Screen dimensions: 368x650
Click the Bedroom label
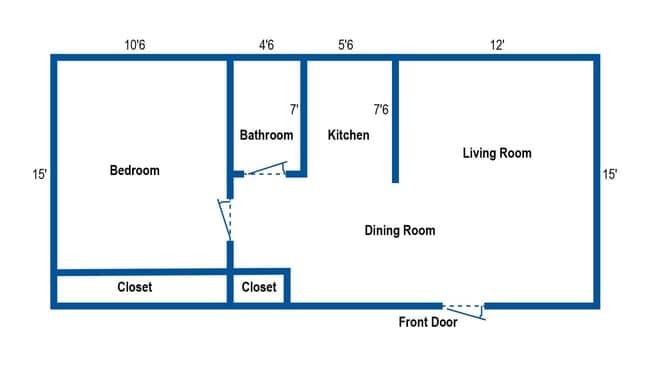pyautogui.click(x=134, y=171)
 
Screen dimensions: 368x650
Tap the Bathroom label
pyautogui.click(x=266, y=135)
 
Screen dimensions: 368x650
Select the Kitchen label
pyautogui.click(x=348, y=135)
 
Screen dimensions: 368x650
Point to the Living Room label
pyautogui.click(x=497, y=153)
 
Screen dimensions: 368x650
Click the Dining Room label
pyautogui.click(x=400, y=231)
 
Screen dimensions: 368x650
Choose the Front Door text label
pyautogui.click(x=428, y=322)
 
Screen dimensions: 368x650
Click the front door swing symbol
pyautogui.click(x=464, y=310)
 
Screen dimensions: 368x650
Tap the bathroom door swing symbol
pyautogui.click(x=265, y=170)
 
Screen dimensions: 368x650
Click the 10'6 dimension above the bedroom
pyautogui.click(x=138, y=45)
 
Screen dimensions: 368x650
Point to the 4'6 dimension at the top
pyautogui.click(x=267, y=45)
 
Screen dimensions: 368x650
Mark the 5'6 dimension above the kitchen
pyautogui.click(x=346, y=45)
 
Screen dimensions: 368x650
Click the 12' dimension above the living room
pyautogui.click(x=497, y=45)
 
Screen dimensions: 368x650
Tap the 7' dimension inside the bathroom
pyautogui.click(x=294, y=109)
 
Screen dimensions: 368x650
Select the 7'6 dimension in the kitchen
pyautogui.click(x=381, y=109)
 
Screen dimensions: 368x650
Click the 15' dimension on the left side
pyautogui.click(x=39, y=174)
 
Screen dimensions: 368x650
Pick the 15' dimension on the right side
pyautogui.click(x=610, y=174)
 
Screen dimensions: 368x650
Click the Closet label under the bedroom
pyautogui.click(x=135, y=287)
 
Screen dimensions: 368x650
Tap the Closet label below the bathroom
pyautogui.click(x=259, y=287)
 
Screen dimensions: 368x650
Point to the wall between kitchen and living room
pyautogui.click(x=396, y=120)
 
